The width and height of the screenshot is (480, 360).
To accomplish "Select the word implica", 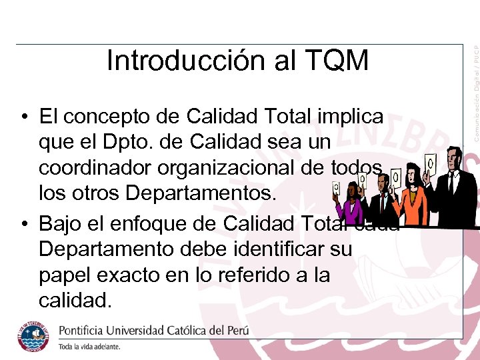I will coord(351,117).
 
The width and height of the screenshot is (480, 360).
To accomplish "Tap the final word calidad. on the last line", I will coord(75,300).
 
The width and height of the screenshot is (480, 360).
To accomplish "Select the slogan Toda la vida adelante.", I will coord(90,347).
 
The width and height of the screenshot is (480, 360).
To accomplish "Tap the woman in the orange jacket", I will coord(413,200).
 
